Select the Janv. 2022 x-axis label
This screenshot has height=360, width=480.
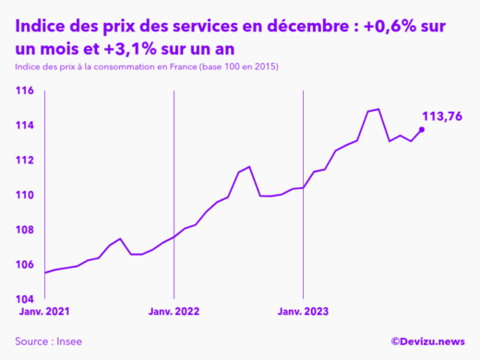174,312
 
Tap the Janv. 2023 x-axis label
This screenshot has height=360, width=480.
303,312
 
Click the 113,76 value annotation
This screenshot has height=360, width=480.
441,115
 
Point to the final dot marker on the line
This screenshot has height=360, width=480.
422,129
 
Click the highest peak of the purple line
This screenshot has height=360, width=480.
378,109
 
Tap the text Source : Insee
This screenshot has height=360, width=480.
48,342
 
